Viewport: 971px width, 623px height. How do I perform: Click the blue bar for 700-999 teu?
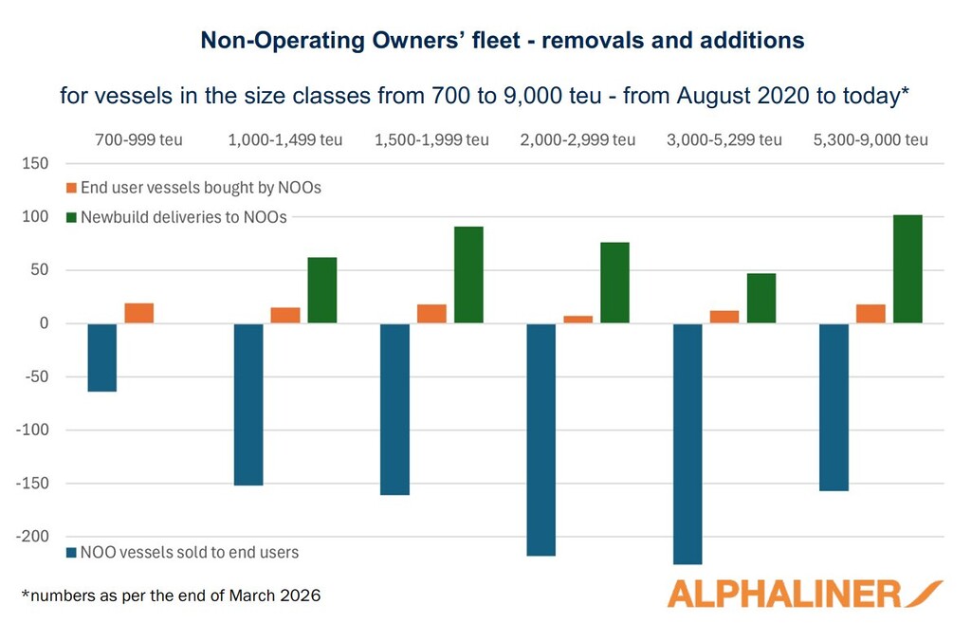(101, 357)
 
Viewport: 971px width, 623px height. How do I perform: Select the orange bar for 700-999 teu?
(139, 313)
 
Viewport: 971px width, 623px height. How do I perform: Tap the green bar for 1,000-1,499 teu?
(322, 290)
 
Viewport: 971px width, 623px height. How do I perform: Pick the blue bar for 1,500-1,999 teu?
(394, 409)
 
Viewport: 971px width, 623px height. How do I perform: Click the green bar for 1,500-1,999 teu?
(468, 275)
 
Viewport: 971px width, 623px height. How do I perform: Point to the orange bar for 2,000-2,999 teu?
(577, 320)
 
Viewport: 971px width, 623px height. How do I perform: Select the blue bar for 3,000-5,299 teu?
(687, 444)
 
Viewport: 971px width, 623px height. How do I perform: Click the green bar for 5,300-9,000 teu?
(907, 269)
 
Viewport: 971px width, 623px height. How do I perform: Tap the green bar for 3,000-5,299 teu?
(761, 298)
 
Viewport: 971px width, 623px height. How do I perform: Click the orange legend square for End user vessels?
(70, 188)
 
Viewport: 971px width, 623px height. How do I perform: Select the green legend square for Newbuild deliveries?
(70, 217)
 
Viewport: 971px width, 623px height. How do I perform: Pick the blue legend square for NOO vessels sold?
(70, 552)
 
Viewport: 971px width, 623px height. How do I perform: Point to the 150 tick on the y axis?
(35, 164)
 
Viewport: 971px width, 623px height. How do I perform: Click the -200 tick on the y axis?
(32, 536)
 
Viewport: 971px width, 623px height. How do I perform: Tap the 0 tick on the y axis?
(43, 323)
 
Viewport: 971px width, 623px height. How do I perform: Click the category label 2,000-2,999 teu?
(577, 139)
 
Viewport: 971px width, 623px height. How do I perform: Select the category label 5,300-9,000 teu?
(870, 139)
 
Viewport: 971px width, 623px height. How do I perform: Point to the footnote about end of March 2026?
(171, 596)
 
